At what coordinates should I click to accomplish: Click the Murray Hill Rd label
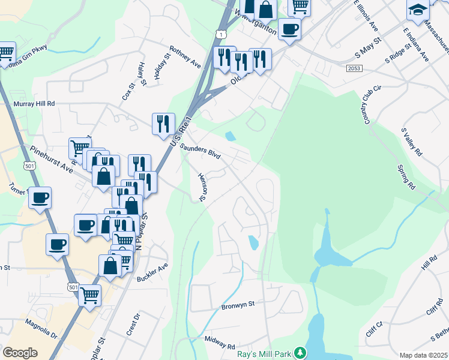tap(34, 104)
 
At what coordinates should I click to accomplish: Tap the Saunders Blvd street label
tap(200, 151)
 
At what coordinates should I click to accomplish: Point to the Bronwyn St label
tap(238, 304)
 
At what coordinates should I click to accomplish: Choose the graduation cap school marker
tap(418, 10)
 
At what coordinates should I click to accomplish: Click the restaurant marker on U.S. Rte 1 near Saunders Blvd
tap(163, 124)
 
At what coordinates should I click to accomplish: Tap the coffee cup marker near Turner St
tap(40, 197)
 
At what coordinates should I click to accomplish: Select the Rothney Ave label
tap(184, 55)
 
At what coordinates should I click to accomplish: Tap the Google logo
tap(20, 352)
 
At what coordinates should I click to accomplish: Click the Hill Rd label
tap(429, 262)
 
